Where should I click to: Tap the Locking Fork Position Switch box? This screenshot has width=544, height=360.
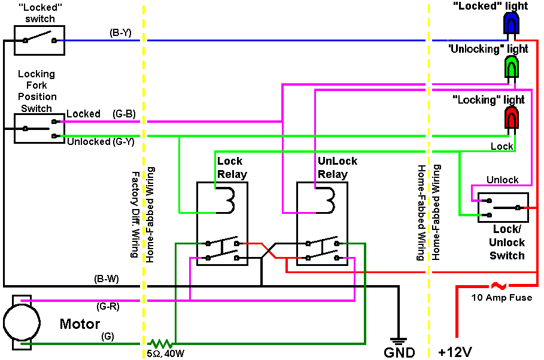[39, 128]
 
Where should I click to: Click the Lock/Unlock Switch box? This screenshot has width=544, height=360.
[503, 207]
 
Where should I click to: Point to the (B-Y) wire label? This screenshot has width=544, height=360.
[120, 32]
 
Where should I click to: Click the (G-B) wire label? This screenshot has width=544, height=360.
[123, 113]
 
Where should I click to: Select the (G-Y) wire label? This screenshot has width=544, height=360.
[123, 142]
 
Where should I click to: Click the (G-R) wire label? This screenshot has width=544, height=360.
[107, 306]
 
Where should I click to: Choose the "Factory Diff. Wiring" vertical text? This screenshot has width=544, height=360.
[135, 213]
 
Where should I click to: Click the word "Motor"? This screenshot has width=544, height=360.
[80, 325]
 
